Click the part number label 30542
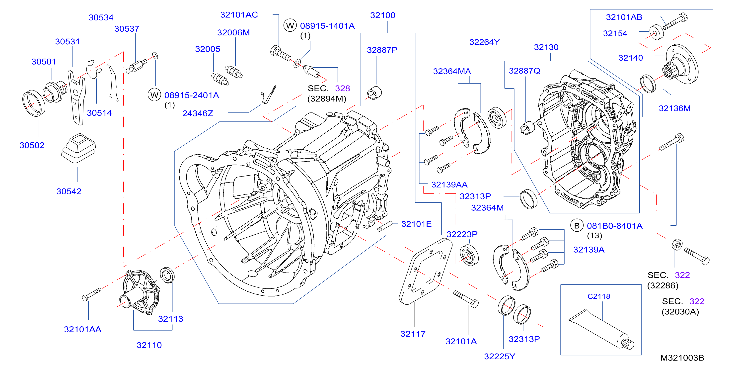coord(69,191)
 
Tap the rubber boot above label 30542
coord(78,148)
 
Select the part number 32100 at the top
coord(382,15)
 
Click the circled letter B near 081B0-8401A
coord(577,226)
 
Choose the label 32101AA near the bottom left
coord(82,329)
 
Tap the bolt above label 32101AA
coord(91,294)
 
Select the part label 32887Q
coord(524,71)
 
